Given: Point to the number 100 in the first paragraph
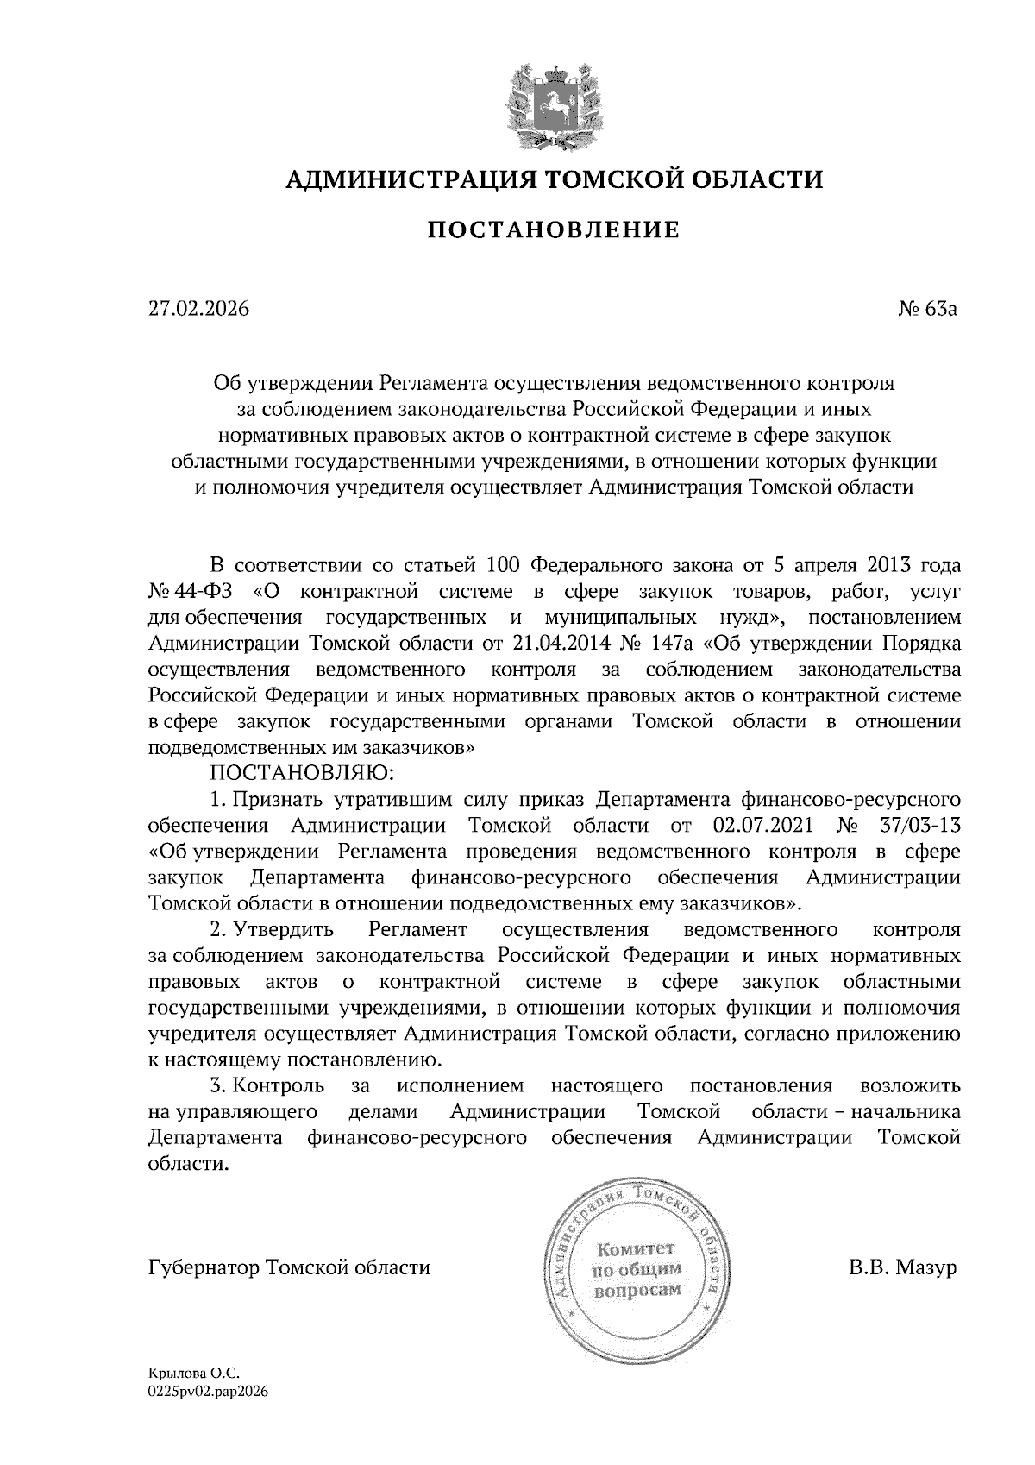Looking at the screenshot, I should coord(502,566).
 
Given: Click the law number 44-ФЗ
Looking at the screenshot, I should coord(207,592).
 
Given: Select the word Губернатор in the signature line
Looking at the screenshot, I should coord(204,1267).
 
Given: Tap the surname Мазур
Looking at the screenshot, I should coord(926,1267).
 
